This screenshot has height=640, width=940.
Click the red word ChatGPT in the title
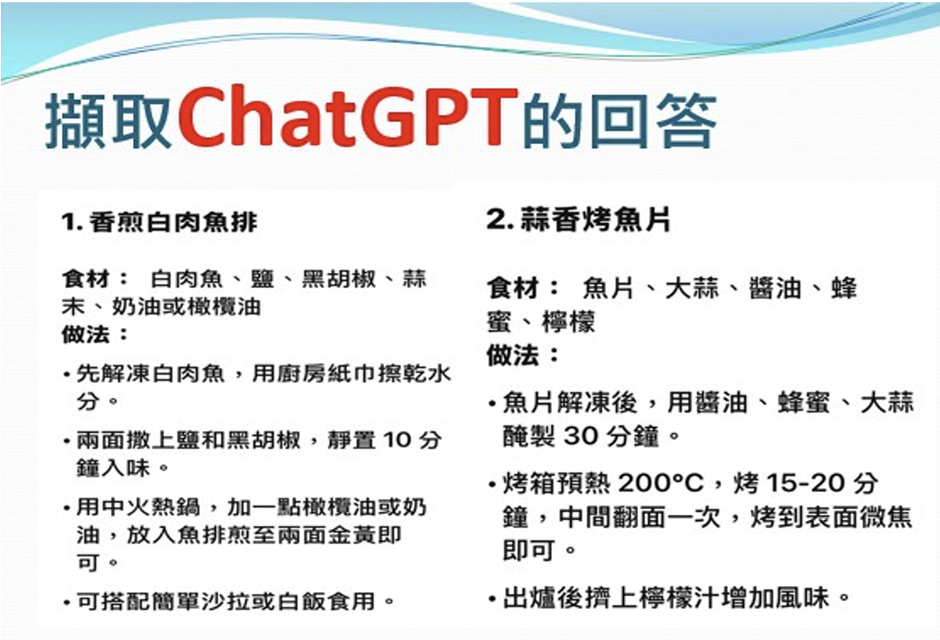[347, 117]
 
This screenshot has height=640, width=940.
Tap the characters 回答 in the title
[654, 120]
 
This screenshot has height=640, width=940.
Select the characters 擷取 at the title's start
[108, 120]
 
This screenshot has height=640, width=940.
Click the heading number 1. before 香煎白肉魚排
[72, 221]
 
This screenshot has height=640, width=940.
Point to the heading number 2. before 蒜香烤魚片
[500, 219]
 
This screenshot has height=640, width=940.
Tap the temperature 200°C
[661, 483]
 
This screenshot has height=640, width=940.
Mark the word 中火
[125, 506]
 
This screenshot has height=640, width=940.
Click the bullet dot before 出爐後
[493, 599]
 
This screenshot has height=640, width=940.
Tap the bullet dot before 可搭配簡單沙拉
[66, 602]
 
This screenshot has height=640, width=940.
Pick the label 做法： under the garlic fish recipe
[523, 355]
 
